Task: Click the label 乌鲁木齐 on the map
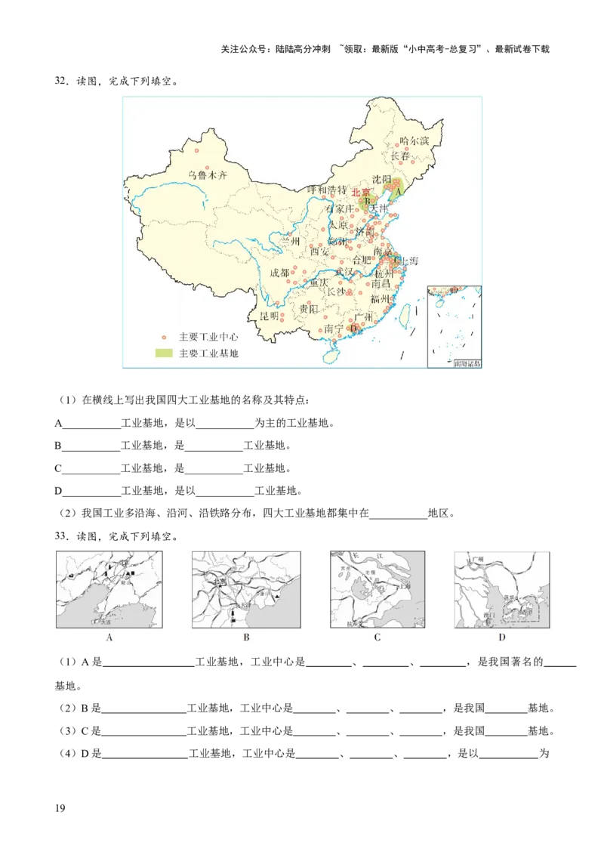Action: point(207,175)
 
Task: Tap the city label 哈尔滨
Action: point(414,140)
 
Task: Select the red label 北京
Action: point(361,193)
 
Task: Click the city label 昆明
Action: point(270,315)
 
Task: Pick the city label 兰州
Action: point(291,241)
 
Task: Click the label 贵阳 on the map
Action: point(309,308)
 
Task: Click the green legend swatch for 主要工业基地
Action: point(164,353)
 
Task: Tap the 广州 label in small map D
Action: point(476,559)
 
